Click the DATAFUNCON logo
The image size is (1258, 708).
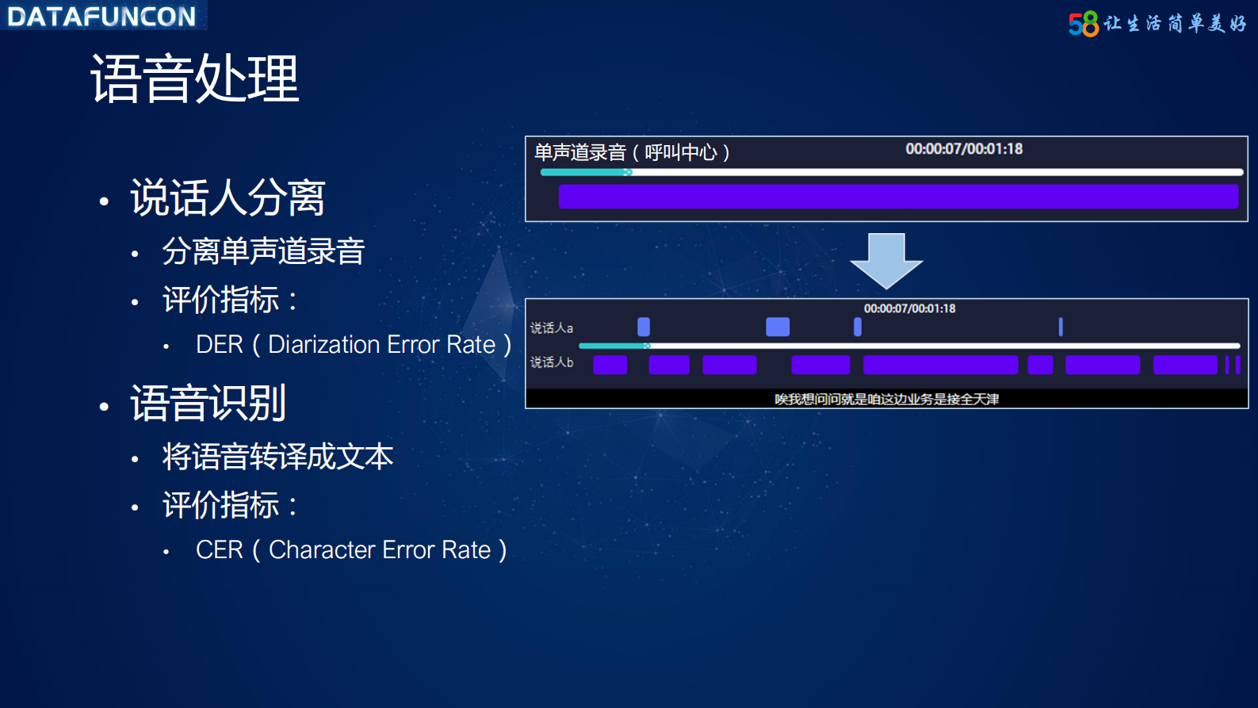pos(101,16)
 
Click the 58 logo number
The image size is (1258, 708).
pos(1083,25)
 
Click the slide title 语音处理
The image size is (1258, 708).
pos(195,78)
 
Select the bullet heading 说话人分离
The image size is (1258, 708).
pos(228,197)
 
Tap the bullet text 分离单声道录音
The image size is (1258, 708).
pos(263,251)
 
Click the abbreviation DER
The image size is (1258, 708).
pos(220,345)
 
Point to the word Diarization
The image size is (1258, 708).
pos(324,345)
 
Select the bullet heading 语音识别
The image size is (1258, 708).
pos(208,403)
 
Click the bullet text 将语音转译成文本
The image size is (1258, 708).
pos(277,457)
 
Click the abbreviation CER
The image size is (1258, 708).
pos(220,550)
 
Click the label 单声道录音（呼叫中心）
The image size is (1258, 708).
pos(632,152)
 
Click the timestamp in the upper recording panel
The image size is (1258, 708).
pos(964,149)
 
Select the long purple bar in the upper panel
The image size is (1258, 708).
pos(898,197)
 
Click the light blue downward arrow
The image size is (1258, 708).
pos(886,260)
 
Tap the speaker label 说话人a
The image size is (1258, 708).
pos(552,327)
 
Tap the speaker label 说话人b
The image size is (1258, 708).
pos(552,362)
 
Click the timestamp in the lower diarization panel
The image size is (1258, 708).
pos(909,308)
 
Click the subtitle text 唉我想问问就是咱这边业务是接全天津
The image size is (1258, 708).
pos(886,399)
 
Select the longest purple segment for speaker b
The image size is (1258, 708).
pos(940,365)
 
